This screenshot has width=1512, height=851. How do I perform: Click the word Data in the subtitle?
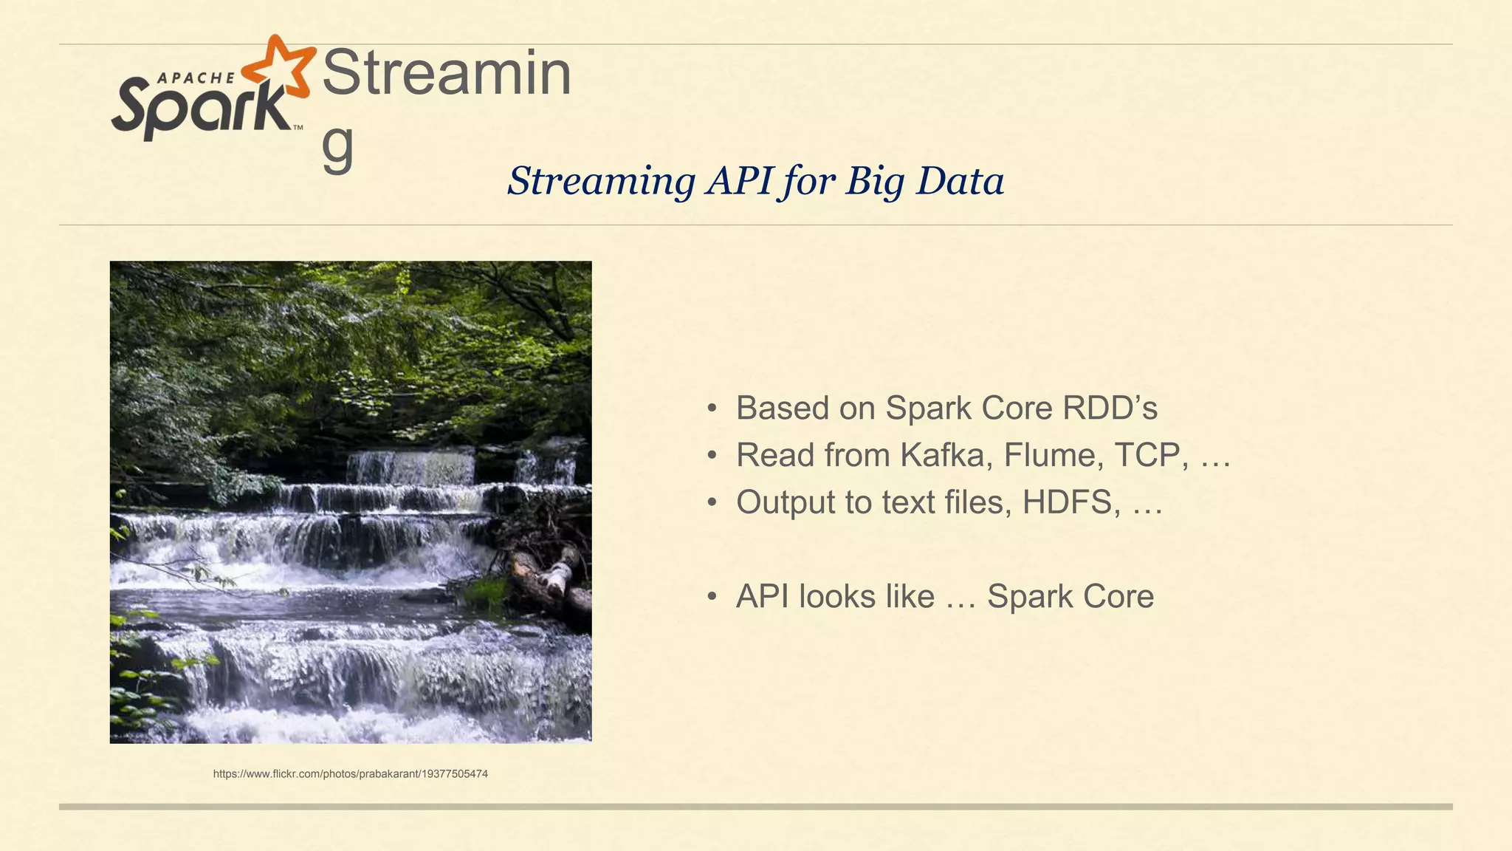pos(961,181)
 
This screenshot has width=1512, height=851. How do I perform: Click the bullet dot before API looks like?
pos(712,597)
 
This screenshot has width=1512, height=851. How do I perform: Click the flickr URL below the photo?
pos(350,774)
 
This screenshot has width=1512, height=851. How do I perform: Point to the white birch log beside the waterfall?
pos(557,577)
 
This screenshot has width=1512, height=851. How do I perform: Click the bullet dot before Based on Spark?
pos(712,409)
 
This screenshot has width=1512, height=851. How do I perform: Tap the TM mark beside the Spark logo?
pos(298,128)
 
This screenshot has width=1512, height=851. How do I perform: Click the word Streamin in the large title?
pos(447,73)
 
